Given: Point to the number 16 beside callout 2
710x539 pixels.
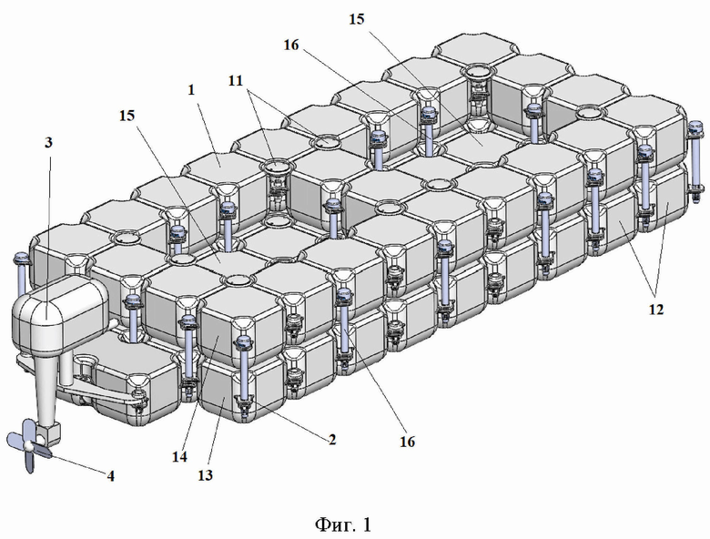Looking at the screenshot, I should [407, 442].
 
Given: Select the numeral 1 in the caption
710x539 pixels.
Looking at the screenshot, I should [367, 524].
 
